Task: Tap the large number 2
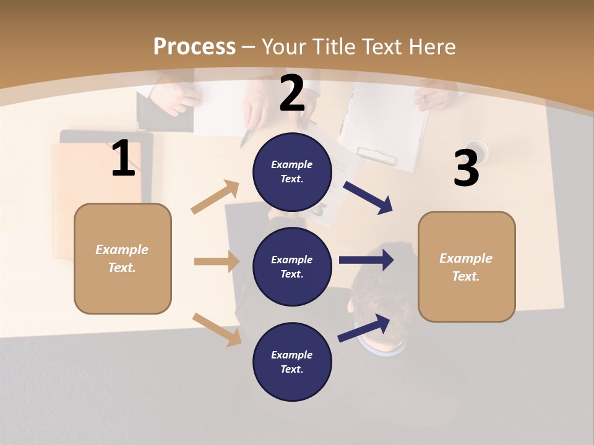(x=292, y=93)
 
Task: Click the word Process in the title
(x=194, y=46)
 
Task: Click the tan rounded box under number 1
(x=123, y=258)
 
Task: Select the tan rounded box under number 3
(x=467, y=267)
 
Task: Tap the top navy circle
(x=292, y=172)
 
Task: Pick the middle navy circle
(x=292, y=266)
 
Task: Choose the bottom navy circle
(x=292, y=362)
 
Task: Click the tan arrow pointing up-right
(x=215, y=197)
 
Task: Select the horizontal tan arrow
(x=217, y=261)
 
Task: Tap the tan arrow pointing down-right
(x=217, y=329)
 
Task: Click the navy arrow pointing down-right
(x=369, y=197)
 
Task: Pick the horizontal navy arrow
(x=366, y=260)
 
